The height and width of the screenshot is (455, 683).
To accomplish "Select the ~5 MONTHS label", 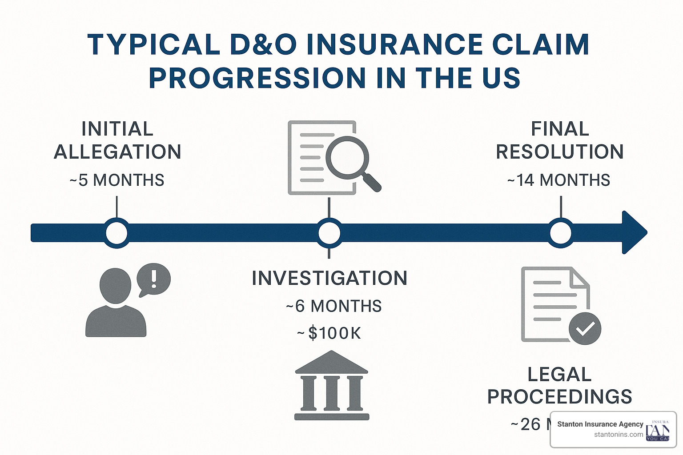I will pos(117,180).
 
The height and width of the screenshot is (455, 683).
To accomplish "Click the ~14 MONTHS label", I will pos(558,180).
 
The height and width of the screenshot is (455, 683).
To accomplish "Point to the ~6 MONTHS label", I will pos(333,306).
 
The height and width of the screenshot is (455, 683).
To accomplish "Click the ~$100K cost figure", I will pos(329,333).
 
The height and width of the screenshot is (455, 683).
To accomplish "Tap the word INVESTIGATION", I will pos(329,279).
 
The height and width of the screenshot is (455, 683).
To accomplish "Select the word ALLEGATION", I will pos(117,152).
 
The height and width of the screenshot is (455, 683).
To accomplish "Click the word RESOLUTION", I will pos(559,152).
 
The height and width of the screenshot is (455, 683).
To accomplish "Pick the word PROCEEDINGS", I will pos(559,397).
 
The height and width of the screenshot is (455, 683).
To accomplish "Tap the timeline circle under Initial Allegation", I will pos(117,233).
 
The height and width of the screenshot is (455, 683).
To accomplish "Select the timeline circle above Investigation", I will pos(329,233).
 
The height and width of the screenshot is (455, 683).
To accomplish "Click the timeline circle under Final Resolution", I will pos(561,233).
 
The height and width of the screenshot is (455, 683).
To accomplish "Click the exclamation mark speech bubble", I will pos(153,279).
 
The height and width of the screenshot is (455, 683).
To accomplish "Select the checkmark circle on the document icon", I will pos(585,328).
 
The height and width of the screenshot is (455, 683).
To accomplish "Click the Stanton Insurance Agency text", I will pos(600,424).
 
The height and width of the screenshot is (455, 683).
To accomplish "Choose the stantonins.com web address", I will pos(618,435).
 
